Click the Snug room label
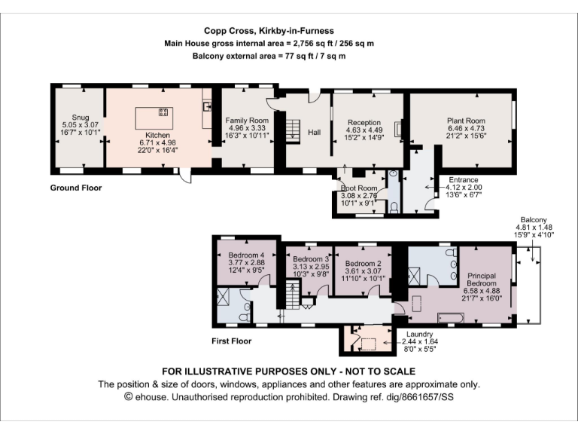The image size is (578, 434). (81, 118)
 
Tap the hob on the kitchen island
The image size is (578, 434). (163, 112)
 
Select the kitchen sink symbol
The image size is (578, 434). (207, 107)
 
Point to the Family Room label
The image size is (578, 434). (247, 121)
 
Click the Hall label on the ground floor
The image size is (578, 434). (314, 132)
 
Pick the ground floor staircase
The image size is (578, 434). (293, 130)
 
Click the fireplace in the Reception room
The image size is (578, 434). (397, 129)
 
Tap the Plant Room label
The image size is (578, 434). (466, 121)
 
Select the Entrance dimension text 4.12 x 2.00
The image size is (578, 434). (464, 187)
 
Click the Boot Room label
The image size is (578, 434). (359, 188)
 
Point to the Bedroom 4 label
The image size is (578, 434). (246, 255)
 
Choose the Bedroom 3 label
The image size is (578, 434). (311, 259)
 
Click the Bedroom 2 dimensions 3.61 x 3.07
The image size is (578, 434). (363, 271)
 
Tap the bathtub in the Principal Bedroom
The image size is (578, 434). (451, 318)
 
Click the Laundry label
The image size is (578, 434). (419, 334)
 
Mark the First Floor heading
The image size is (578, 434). (232, 341)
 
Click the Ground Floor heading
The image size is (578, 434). (76, 188)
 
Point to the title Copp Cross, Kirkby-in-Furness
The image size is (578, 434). (269, 31)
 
